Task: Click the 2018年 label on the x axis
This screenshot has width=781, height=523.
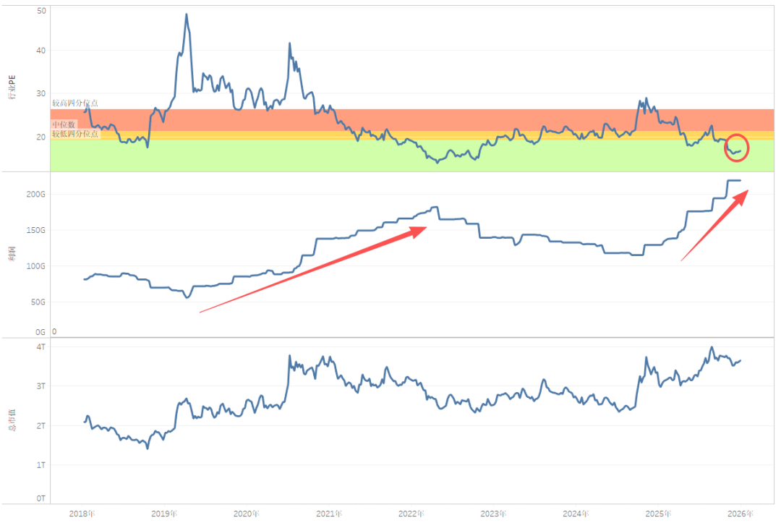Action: tap(81, 514)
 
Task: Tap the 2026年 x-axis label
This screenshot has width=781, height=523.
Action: tap(740, 514)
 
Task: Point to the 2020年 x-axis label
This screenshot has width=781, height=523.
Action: tap(246, 514)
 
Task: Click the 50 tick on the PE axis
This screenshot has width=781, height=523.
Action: tap(40, 11)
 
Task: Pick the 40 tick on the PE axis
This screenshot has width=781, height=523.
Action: tap(40, 51)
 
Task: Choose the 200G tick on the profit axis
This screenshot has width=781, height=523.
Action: tap(36, 195)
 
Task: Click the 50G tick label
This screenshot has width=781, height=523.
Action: tap(38, 302)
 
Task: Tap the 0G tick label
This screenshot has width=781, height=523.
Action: tap(40, 332)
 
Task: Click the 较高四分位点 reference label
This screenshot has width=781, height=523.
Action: tap(74, 103)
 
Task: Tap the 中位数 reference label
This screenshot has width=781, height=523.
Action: tap(64, 125)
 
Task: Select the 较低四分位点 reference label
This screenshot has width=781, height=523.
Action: tap(74, 133)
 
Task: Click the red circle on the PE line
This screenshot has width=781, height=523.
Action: tap(737, 148)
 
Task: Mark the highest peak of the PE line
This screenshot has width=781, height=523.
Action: tap(187, 14)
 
